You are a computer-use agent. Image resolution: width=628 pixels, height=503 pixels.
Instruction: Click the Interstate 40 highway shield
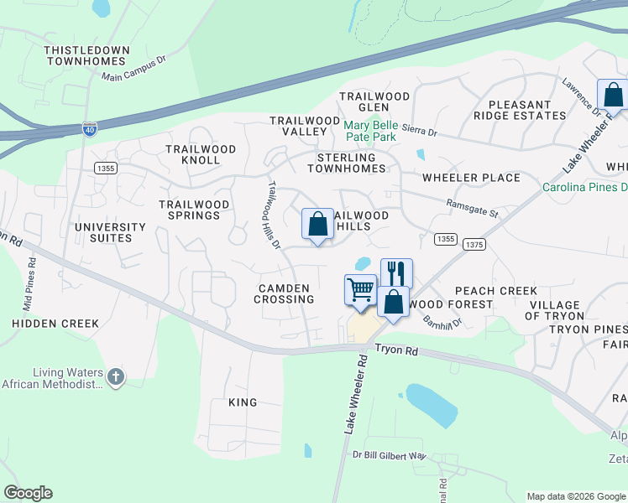pos(89,128)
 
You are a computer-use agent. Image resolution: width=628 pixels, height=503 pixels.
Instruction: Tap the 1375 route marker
pos(474,244)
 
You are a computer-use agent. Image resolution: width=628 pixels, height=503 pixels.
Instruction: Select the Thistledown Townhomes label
pos(87,56)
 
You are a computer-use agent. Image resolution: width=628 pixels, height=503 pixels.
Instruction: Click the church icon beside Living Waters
pos(116,378)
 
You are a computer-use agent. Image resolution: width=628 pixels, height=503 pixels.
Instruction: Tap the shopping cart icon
pos(360,289)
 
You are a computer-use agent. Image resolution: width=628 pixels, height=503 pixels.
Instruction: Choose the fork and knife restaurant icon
pos(396,273)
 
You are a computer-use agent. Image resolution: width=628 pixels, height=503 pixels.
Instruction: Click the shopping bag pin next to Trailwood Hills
pos(317,225)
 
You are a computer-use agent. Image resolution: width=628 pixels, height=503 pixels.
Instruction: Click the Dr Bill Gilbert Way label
pos(390,456)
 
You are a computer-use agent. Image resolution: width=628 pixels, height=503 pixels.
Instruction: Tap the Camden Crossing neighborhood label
pos(285,293)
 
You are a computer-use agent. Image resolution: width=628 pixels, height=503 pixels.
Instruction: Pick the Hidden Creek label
pos(55,323)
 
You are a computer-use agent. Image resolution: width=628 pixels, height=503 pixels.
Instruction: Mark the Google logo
pos(28,493)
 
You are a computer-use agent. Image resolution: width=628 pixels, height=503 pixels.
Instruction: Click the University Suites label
pos(109,232)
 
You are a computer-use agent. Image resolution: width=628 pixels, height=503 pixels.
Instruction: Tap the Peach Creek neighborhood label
pos(495,291)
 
